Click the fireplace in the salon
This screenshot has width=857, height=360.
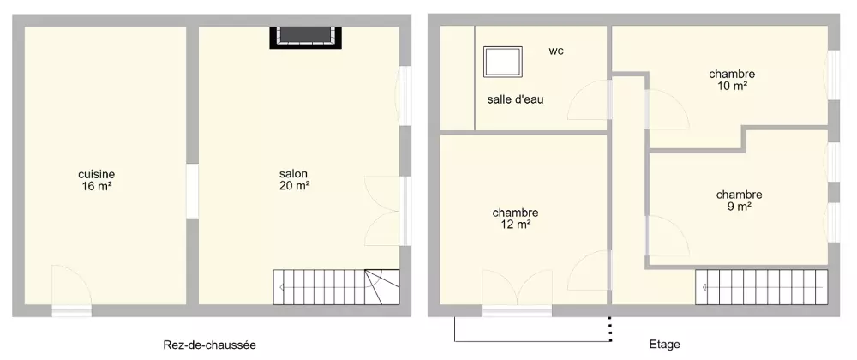click(x=306, y=37)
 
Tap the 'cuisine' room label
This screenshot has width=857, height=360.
click(x=97, y=175)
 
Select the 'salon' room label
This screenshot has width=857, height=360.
click(x=294, y=174)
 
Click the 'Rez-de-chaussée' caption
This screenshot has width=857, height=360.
click(x=209, y=345)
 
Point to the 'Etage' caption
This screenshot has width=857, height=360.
click(x=665, y=345)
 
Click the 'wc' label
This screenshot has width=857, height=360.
click(x=556, y=51)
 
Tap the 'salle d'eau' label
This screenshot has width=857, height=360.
click(x=515, y=100)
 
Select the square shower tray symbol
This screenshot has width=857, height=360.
click(x=503, y=63)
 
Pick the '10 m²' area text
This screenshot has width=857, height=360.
click(x=732, y=86)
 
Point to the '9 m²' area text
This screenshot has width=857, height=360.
click(x=739, y=207)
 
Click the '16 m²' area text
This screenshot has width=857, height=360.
click(x=97, y=186)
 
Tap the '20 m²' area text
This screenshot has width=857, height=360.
click(x=294, y=186)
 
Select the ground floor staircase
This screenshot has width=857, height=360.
click(x=336, y=287)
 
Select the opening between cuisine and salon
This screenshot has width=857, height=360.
click(x=192, y=191)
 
